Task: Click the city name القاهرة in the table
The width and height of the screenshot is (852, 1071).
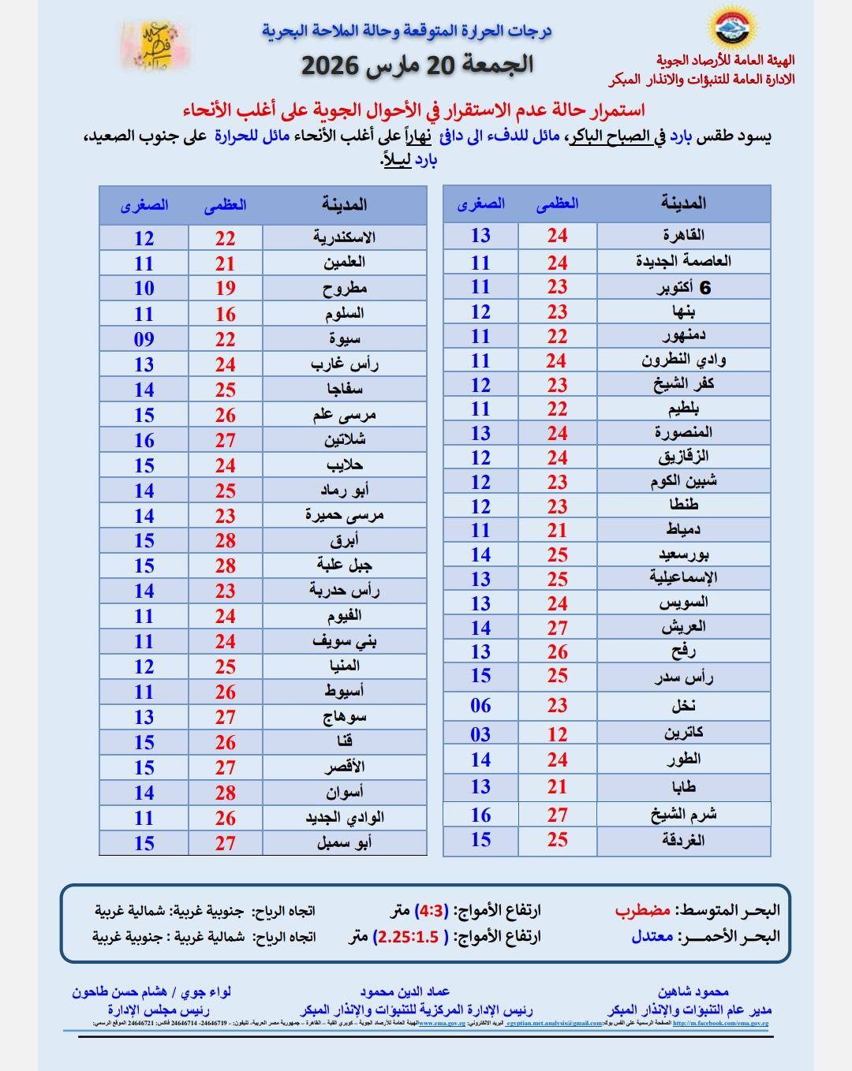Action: tap(683, 235)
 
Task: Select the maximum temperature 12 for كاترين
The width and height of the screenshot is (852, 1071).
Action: tap(558, 734)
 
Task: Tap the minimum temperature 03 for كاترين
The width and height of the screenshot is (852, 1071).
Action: tap(480, 734)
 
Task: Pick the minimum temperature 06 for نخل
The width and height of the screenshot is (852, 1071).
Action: tap(480, 706)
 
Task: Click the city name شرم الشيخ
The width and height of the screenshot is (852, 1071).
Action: tap(683, 815)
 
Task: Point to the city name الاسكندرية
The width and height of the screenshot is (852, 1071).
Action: tap(344, 237)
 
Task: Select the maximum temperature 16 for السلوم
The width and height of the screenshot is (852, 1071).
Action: tap(226, 314)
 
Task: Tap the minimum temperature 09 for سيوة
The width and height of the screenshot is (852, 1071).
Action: tap(144, 339)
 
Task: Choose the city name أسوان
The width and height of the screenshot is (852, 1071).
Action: tap(345, 792)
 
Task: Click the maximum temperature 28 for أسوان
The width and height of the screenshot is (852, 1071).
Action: tap(226, 792)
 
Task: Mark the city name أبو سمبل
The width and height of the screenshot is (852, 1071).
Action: tap(345, 842)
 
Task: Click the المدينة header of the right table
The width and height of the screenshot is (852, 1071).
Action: tap(683, 203)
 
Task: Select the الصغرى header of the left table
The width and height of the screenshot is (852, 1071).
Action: tap(144, 205)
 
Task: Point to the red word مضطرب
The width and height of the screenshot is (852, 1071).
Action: tap(643, 910)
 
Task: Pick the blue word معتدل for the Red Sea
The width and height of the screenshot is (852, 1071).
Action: tap(652, 936)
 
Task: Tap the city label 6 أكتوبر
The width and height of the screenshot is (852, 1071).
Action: tap(685, 287)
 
